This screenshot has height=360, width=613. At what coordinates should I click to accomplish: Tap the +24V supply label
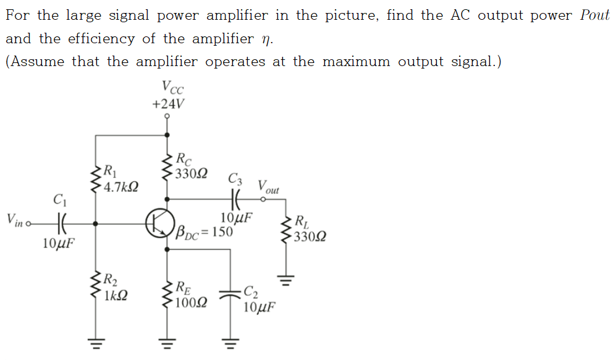[x=167, y=103]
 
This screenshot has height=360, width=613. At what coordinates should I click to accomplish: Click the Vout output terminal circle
[x=264, y=199]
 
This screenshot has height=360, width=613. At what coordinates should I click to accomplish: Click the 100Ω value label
[x=191, y=303]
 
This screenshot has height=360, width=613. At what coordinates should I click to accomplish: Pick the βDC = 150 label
[x=205, y=232]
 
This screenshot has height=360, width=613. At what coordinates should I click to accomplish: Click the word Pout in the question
[x=594, y=15]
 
